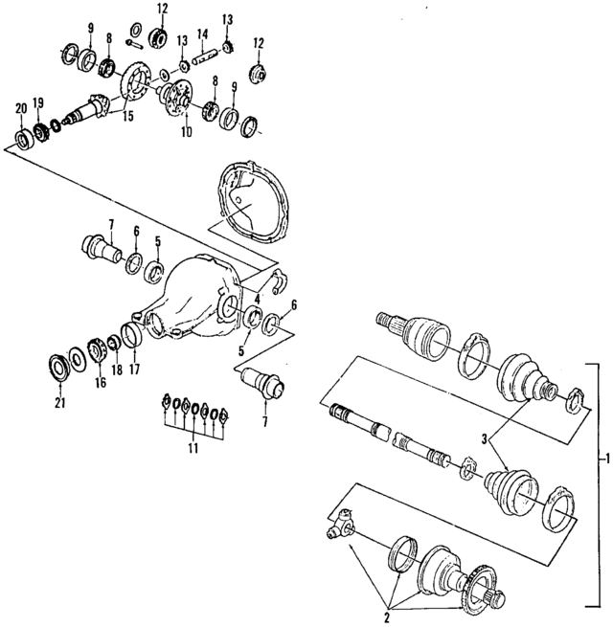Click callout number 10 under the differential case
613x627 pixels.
click(x=185, y=129)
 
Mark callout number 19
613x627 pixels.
click(x=38, y=101)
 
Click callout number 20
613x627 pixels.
click(x=20, y=107)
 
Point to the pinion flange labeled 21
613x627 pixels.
click(x=59, y=366)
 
